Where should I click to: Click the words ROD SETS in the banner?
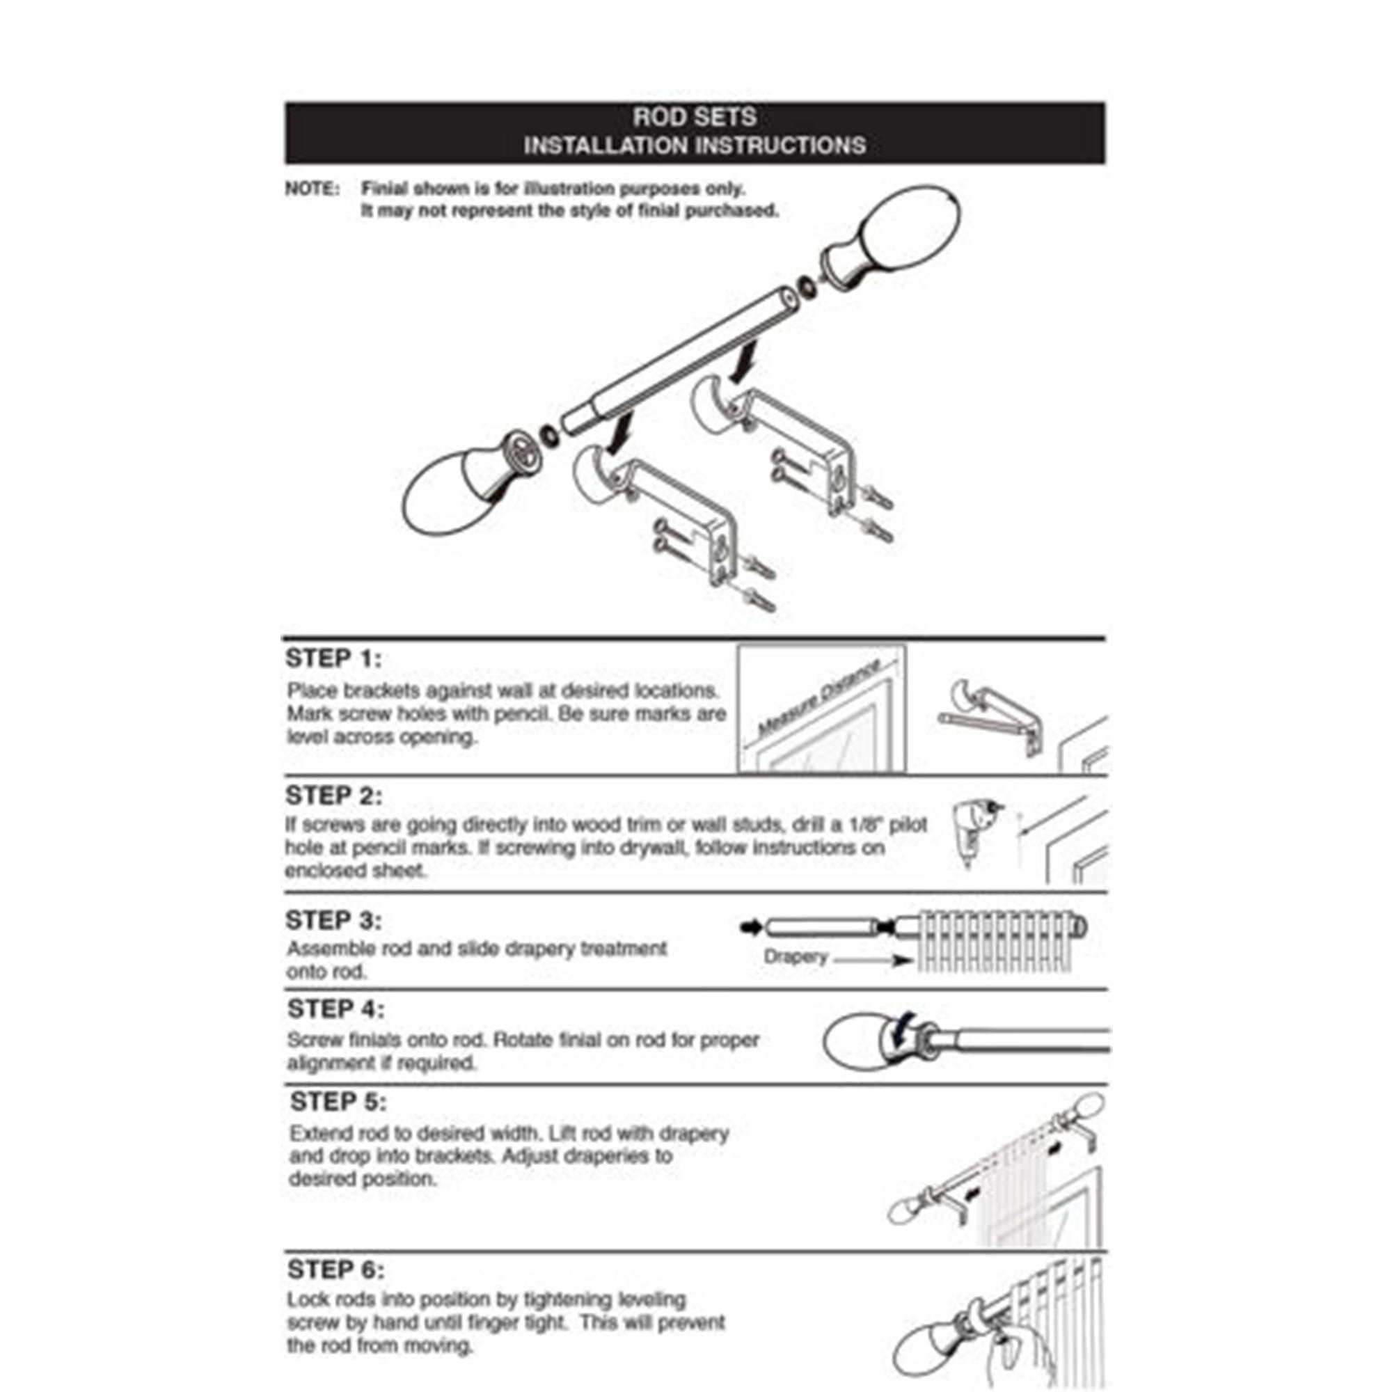695,117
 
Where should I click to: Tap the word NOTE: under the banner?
312,189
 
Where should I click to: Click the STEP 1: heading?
333,658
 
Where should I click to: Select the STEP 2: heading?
333,796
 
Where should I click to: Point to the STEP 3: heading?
333,920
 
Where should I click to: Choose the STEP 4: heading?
335,1009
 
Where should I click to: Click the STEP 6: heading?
335,1270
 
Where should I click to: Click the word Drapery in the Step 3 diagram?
796,957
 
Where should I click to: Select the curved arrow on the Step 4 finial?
901,1031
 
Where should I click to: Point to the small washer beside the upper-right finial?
808,286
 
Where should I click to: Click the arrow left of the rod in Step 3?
751,927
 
